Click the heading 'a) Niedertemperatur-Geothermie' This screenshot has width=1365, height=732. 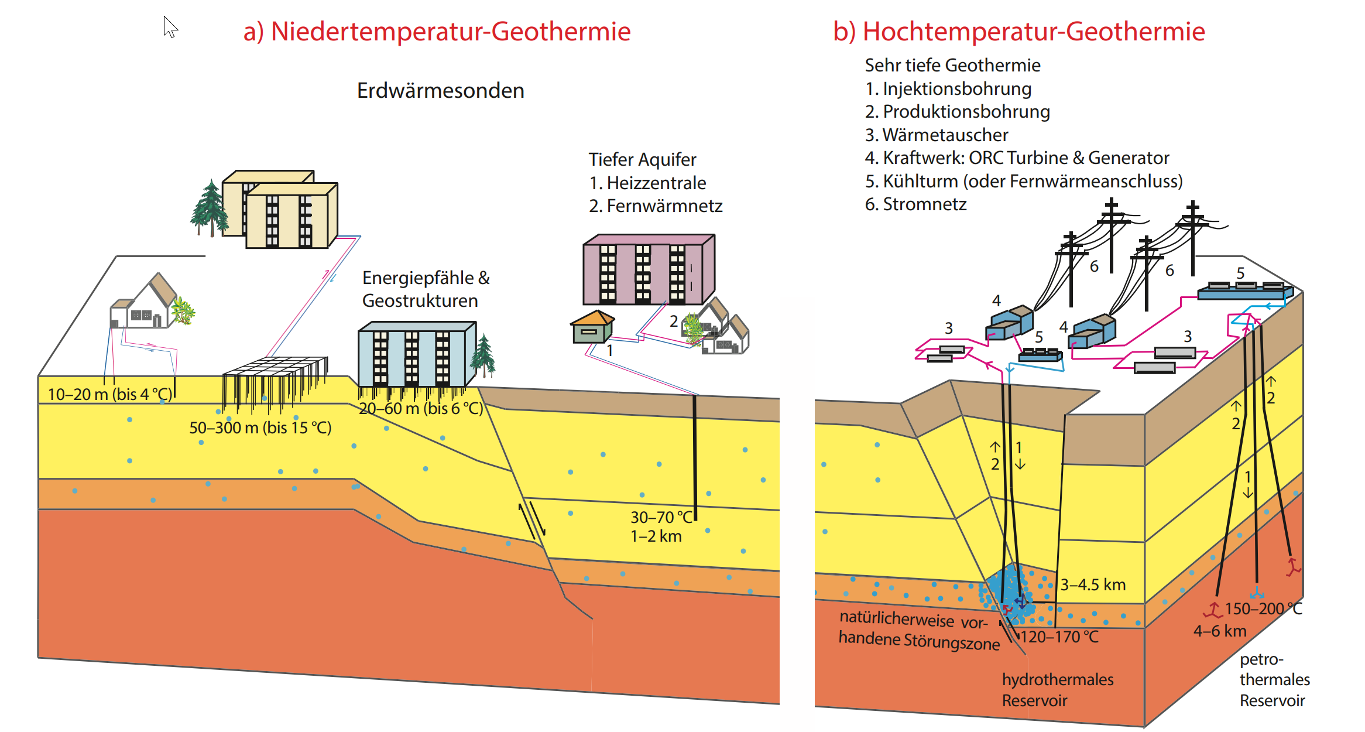[437, 32]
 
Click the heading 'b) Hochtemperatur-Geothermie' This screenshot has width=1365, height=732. [1018, 32]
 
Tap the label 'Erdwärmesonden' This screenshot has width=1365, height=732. [440, 91]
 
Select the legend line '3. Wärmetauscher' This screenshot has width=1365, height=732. [937, 135]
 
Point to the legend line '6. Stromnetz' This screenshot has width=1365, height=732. [915, 204]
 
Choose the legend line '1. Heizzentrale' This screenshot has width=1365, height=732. [647, 183]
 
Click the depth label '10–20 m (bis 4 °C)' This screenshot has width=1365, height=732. [110, 394]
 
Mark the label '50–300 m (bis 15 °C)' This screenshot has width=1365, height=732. [260, 427]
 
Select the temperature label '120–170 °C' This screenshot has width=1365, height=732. [1059, 637]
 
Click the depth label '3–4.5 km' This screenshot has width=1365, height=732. [1093, 584]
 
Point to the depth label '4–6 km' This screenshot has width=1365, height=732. [1220, 631]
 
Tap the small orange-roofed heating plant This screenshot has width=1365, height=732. [592, 327]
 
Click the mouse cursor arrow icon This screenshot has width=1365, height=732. [170, 27]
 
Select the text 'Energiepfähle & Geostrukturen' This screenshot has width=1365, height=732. [426, 289]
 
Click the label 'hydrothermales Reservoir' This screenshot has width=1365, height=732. [1057, 690]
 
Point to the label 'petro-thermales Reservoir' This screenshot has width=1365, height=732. [1274, 679]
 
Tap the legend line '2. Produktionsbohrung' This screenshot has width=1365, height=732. [957, 111]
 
